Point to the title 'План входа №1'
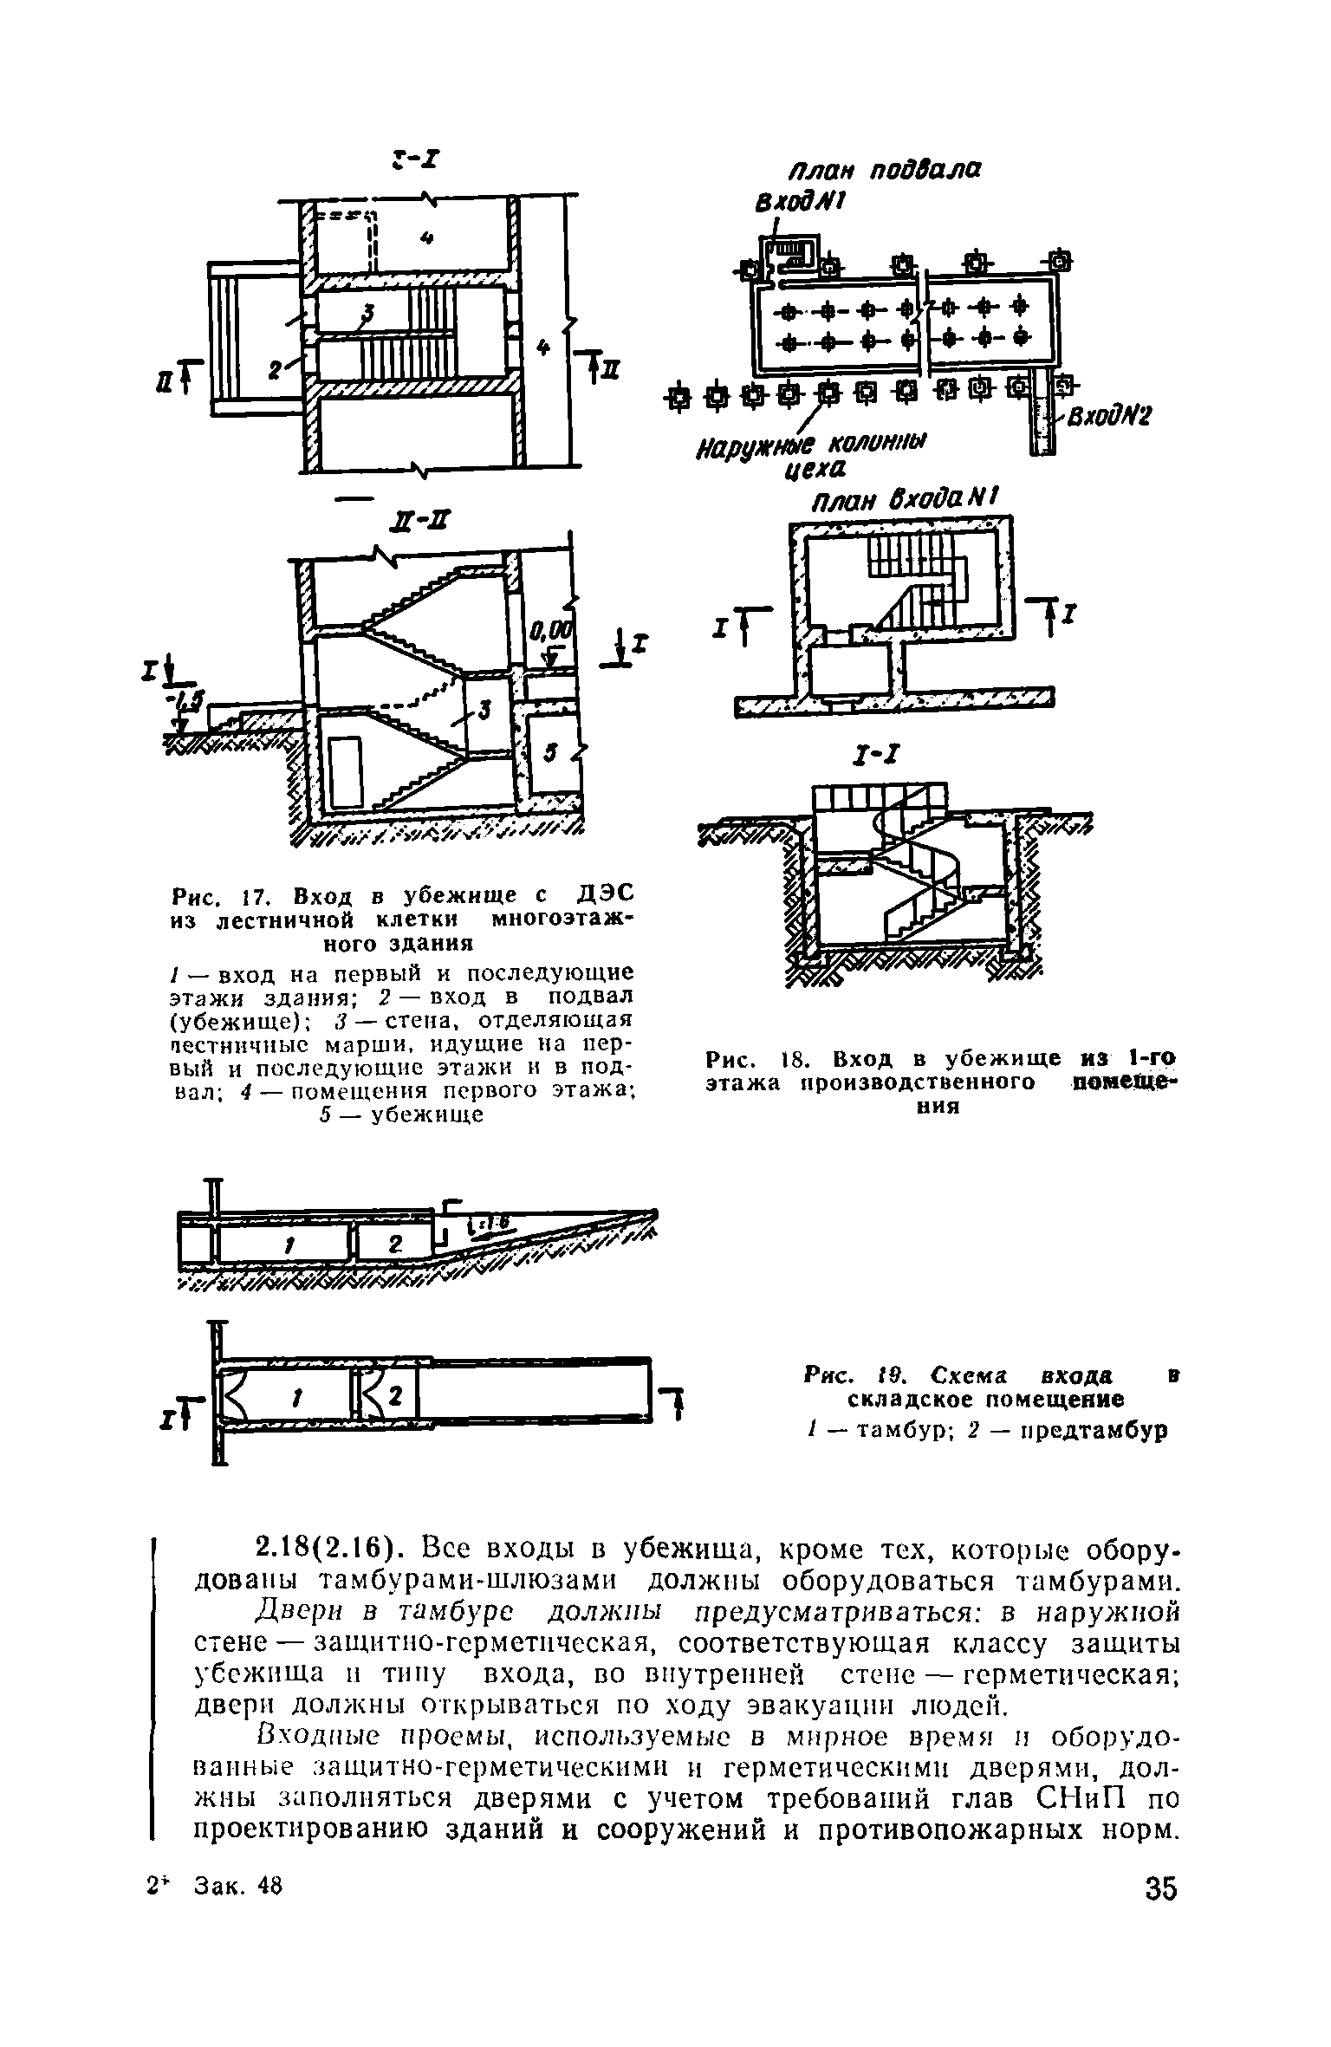coord(904,501)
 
